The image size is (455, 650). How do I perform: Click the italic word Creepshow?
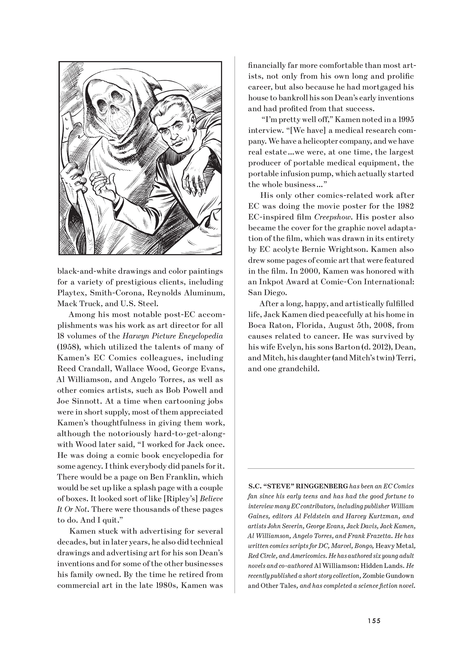tap(333, 217)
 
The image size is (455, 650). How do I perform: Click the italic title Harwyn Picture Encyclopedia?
tap(172, 336)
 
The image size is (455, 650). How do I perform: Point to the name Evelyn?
tap(286, 347)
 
